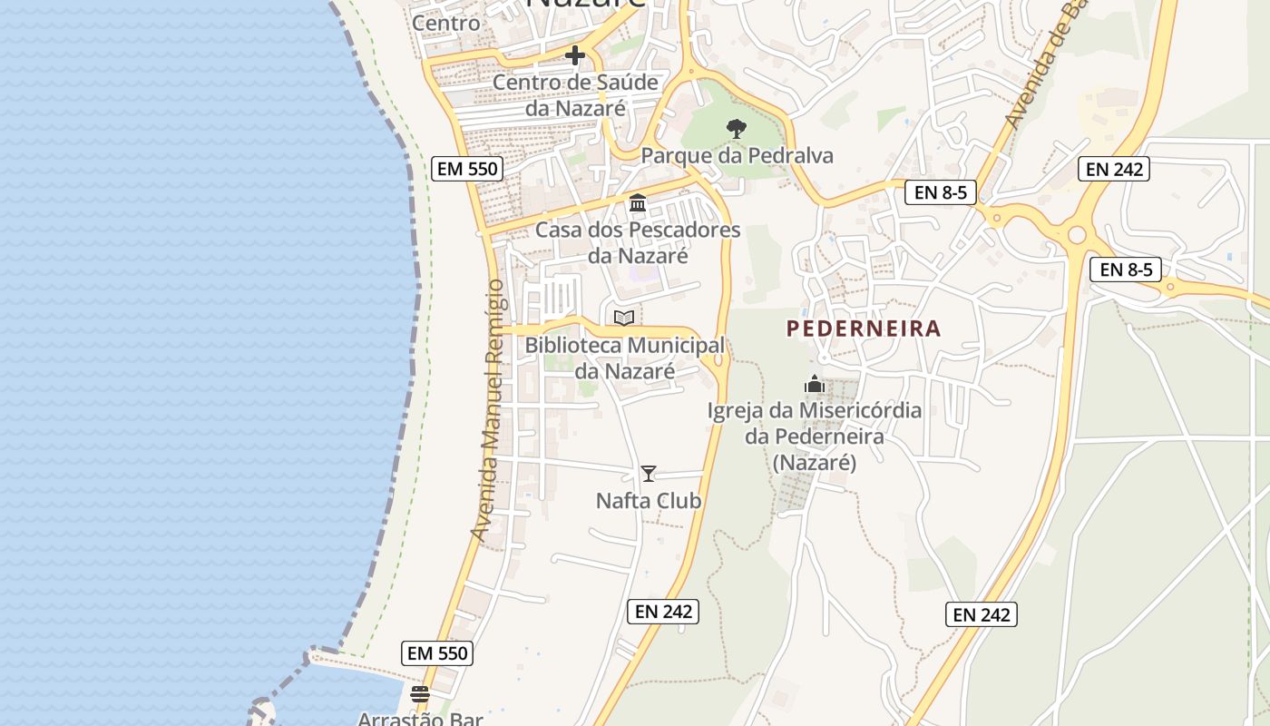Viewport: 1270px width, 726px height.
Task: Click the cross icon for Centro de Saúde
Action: [x=574, y=56]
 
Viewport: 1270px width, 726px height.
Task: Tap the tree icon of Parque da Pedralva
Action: [x=736, y=128]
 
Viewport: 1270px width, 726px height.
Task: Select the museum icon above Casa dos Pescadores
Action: [x=638, y=203]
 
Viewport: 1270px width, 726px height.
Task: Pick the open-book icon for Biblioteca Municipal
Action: [x=624, y=318]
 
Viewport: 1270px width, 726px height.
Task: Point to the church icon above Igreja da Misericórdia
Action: [x=815, y=384]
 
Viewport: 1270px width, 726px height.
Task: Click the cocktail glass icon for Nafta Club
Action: [x=649, y=474]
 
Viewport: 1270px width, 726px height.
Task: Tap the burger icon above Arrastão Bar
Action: [x=420, y=695]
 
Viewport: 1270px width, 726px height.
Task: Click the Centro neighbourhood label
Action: [x=446, y=23]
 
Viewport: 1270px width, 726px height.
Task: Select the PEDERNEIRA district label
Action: [x=864, y=329]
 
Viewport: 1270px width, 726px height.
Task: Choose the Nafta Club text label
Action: [x=649, y=501]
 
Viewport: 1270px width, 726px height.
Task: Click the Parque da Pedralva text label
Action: [x=737, y=155]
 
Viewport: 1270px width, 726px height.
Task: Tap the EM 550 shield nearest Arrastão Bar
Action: [x=437, y=652]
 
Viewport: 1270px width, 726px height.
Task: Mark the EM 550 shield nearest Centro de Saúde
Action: [x=466, y=168]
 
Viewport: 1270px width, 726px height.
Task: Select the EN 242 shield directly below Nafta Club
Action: [x=664, y=612]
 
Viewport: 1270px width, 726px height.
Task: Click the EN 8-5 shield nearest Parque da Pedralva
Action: [x=940, y=191]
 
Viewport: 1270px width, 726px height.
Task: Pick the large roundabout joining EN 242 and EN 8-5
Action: [x=1077, y=235]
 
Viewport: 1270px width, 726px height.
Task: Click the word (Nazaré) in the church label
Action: [x=815, y=463]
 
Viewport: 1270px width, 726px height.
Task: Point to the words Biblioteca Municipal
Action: [x=624, y=346]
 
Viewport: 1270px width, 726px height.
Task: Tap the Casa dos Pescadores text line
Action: [x=638, y=231]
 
